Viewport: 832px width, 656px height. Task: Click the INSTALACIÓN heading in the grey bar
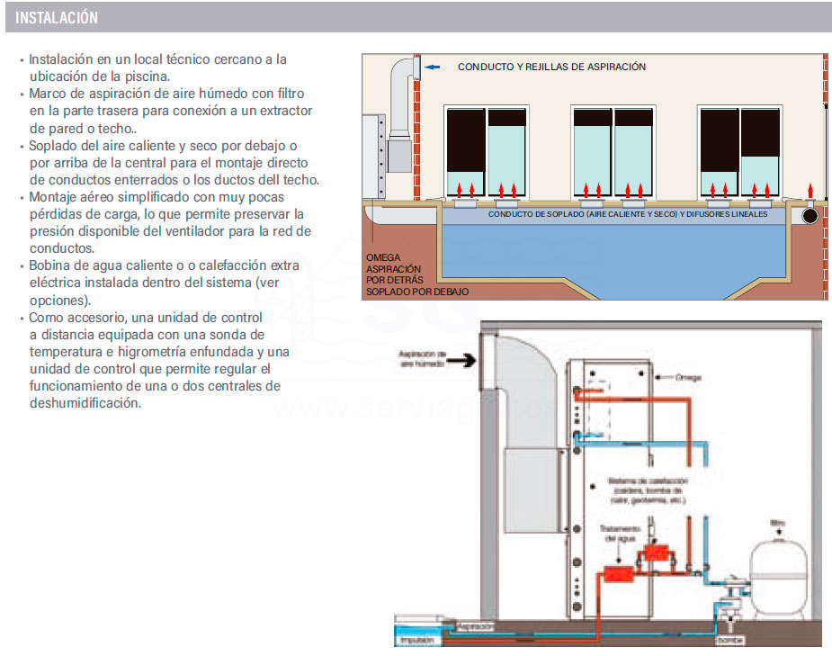(57, 18)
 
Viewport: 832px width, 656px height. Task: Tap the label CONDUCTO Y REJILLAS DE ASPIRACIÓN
(551, 67)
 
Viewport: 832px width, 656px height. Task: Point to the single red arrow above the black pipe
(810, 190)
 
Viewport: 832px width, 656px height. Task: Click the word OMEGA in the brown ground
(383, 258)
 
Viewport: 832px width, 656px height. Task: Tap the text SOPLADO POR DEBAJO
(416, 292)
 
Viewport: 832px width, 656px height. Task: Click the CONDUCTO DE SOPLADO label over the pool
(628, 215)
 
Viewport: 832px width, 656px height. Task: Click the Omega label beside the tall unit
(687, 378)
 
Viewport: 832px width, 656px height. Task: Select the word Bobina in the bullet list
(50, 265)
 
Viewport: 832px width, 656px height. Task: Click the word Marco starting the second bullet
(49, 94)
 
